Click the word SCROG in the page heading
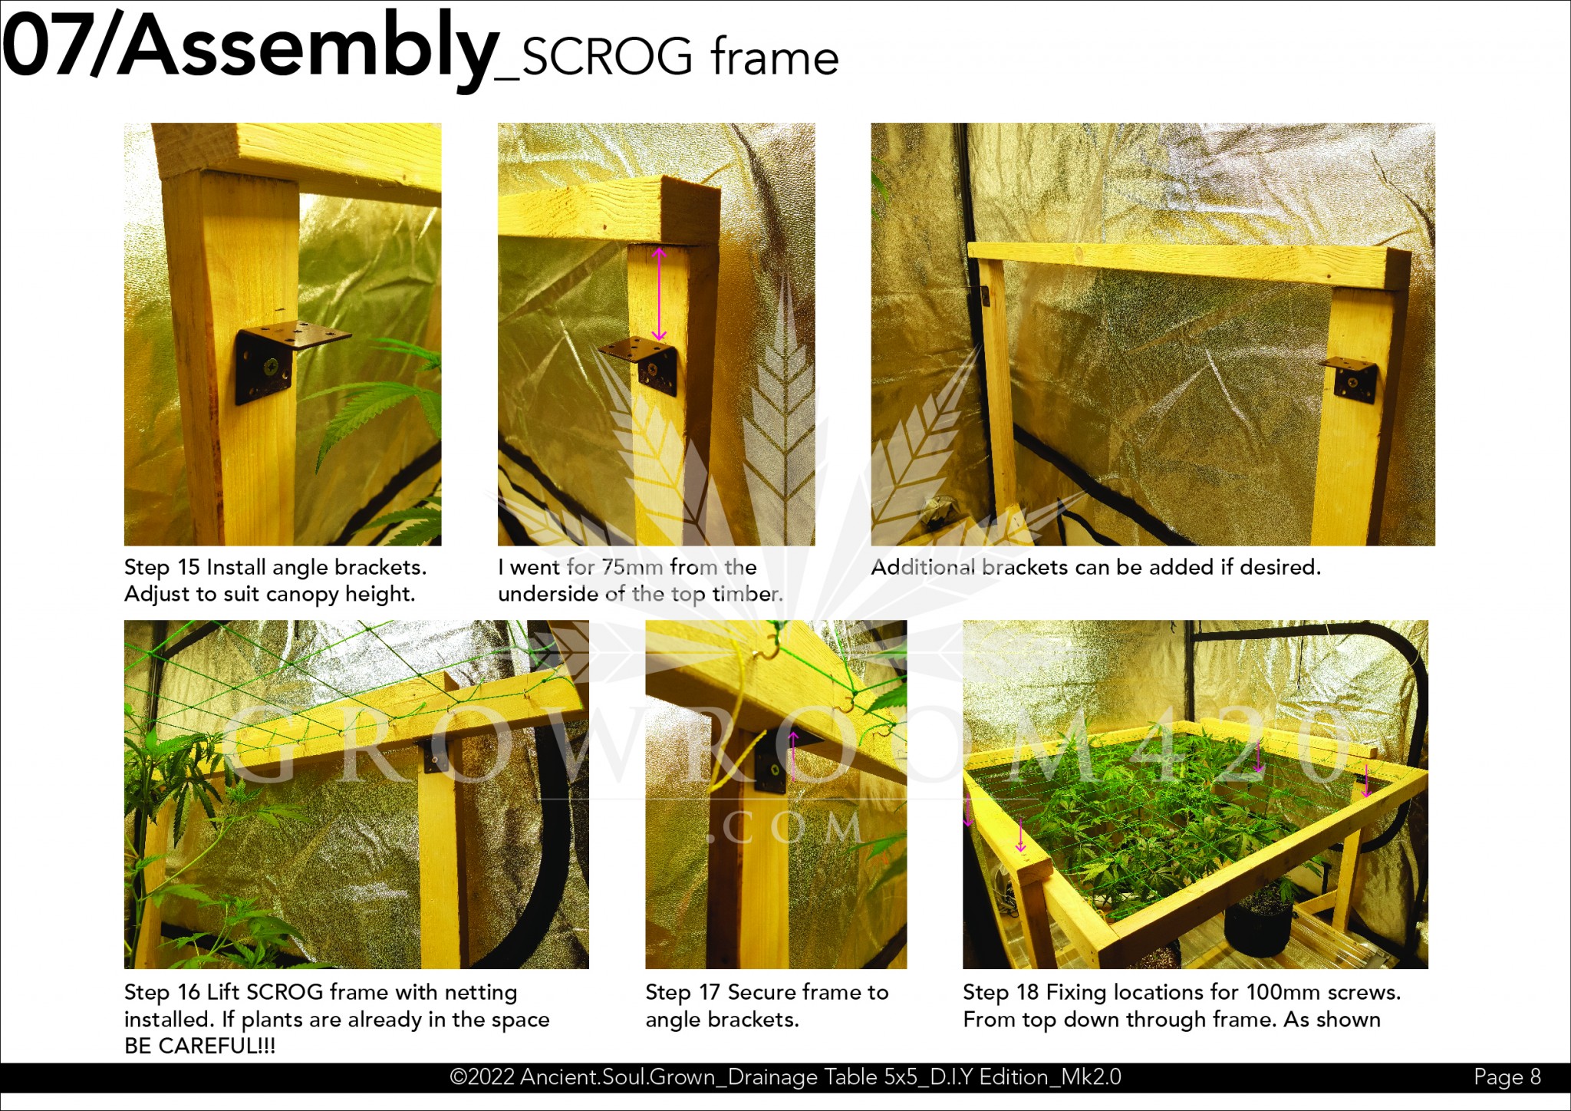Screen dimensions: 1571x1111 607,58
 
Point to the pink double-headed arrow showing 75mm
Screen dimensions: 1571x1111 659,293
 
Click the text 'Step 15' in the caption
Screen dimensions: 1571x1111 162,567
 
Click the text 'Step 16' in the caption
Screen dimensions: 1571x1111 162,992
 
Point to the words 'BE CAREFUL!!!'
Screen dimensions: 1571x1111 199,1046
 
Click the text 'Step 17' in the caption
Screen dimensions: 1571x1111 683,992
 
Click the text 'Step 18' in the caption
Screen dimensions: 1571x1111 1001,992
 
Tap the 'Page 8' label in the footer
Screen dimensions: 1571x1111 1507,1077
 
